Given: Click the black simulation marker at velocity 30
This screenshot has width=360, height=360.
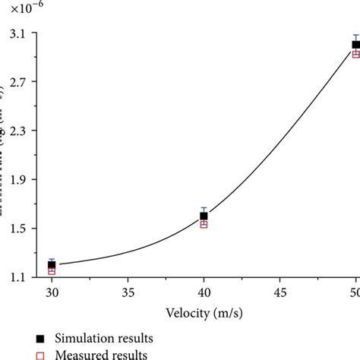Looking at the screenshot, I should pos(52,264).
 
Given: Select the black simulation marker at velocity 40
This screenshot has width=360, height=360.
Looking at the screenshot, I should pos(204,216).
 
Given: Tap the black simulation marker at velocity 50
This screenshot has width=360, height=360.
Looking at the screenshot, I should pos(355,45).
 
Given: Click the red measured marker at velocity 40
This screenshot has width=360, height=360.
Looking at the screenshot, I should pos(204,224).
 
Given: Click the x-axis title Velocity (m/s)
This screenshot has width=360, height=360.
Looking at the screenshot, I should pos(204,311).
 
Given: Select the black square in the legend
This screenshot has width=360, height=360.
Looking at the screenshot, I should pos(40,337).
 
